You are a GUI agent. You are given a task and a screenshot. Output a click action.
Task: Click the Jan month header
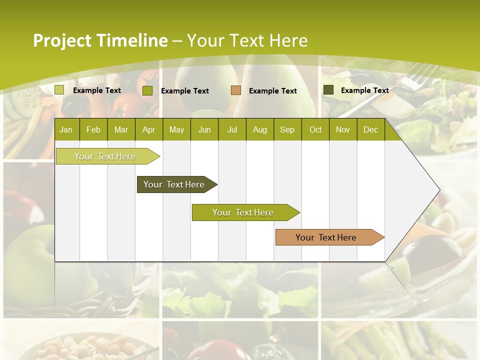(x=66, y=129)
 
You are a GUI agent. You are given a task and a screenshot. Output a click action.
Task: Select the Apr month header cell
(x=149, y=129)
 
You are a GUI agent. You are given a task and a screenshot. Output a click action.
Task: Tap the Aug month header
(x=260, y=129)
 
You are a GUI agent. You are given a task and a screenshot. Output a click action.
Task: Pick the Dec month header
(x=370, y=129)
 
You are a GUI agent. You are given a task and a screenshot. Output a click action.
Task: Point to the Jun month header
(x=204, y=129)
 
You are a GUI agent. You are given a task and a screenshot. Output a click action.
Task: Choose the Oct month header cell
(x=315, y=129)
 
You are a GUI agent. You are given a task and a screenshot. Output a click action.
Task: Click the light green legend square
(x=59, y=90)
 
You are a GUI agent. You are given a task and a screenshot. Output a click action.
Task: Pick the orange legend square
(x=236, y=90)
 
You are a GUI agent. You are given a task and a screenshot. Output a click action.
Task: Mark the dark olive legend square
(x=328, y=90)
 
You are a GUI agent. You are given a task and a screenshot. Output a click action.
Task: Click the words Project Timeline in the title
(x=100, y=40)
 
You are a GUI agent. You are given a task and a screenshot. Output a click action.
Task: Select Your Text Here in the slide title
(x=247, y=40)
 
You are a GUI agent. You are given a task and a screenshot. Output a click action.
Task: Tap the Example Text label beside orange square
(x=273, y=91)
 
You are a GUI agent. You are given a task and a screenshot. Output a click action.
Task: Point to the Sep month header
(x=287, y=129)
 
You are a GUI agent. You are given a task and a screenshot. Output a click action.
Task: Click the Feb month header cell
(x=93, y=129)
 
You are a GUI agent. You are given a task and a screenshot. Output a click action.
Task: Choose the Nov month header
(x=343, y=129)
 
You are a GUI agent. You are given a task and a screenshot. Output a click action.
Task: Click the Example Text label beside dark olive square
(x=365, y=90)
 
